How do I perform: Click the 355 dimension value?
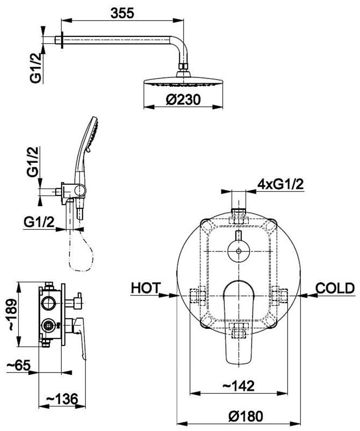click(122, 13)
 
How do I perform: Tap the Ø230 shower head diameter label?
click(183, 100)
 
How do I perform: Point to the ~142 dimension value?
click(238, 386)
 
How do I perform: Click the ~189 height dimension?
click(12, 315)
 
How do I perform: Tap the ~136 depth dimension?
click(62, 399)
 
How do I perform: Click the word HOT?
click(145, 288)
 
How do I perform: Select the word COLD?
click(335, 288)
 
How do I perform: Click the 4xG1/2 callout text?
click(280, 184)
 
